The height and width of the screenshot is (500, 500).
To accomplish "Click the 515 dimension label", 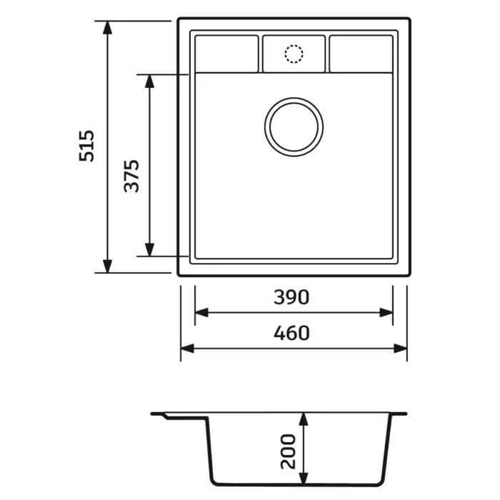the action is pyautogui.click(x=86, y=146).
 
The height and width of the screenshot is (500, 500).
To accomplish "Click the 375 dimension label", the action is pyautogui.click(x=131, y=176).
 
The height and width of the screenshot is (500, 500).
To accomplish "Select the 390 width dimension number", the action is pyautogui.click(x=291, y=297).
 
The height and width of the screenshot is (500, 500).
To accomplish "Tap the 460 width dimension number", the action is pyautogui.click(x=291, y=333).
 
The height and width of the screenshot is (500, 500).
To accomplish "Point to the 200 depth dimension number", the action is pyautogui.click(x=289, y=451).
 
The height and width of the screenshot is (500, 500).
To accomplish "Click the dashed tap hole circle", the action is pyautogui.click(x=294, y=54).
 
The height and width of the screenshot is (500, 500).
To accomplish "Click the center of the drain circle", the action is pyautogui.click(x=294, y=127).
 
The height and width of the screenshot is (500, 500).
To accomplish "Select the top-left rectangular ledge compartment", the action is pyautogui.click(x=226, y=54).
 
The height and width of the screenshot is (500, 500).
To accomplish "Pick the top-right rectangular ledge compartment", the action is pyautogui.click(x=361, y=54).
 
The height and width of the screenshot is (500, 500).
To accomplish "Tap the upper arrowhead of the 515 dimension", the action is pyautogui.click(x=107, y=27).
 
